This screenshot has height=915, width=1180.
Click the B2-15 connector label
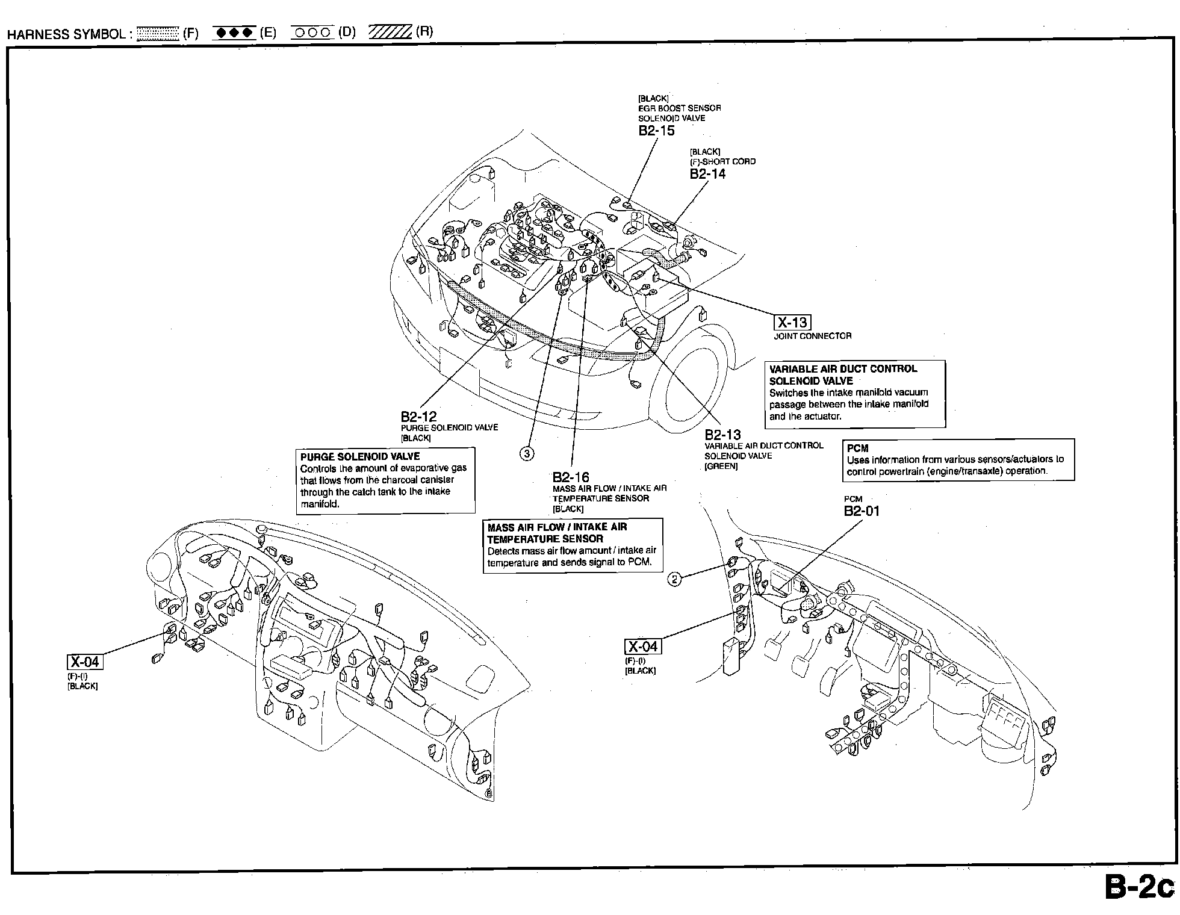click(x=657, y=131)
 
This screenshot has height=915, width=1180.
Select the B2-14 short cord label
click(x=708, y=174)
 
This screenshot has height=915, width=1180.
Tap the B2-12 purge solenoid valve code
click(x=419, y=417)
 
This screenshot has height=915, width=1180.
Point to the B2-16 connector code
click(x=571, y=478)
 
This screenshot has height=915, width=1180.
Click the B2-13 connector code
click(x=723, y=435)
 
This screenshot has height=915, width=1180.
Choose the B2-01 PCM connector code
click(x=862, y=511)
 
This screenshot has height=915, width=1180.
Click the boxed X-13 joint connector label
click(x=792, y=323)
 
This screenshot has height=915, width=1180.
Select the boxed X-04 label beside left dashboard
click(x=85, y=662)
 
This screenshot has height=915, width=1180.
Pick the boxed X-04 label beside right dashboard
click(x=643, y=647)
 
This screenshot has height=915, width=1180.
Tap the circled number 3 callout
click(x=527, y=453)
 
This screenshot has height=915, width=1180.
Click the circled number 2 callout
click(x=675, y=579)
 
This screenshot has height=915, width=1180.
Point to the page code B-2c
click(x=1139, y=889)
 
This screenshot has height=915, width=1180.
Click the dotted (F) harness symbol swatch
click(x=158, y=33)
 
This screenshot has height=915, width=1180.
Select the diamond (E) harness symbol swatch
click(x=235, y=33)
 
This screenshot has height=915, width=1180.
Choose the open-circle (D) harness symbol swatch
click(x=312, y=33)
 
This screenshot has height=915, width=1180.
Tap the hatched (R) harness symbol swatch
click(x=390, y=32)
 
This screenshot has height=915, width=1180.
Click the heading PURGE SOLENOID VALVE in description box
click(x=360, y=456)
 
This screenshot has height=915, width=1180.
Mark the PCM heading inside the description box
click(x=857, y=448)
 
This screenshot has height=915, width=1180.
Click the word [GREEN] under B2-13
click(x=721, y=466)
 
